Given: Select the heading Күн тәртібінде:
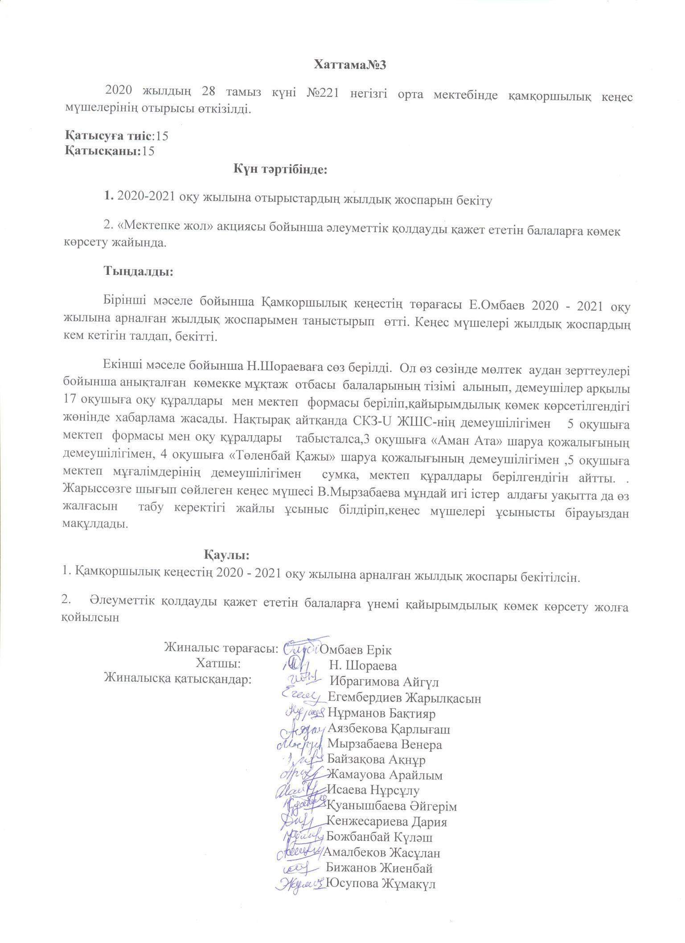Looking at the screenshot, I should pyautogui.click(x=280, y=169).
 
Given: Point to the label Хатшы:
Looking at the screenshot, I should pyautogui.click(x=218, y=664).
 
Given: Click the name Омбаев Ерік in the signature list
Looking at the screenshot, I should pyautogui.click(x=356, y=649).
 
